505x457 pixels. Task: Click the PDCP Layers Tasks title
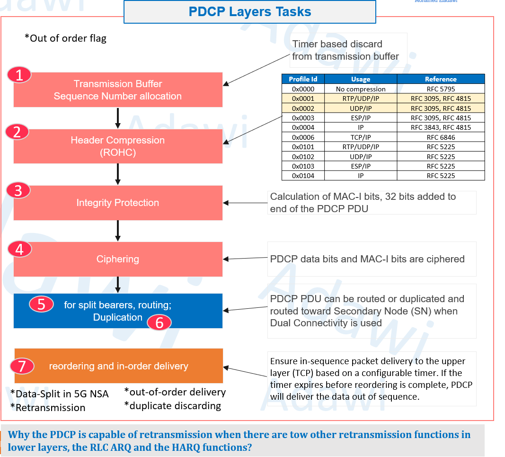(x=249, y=12)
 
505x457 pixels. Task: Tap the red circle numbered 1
(x=19, y=75)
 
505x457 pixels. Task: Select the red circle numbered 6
(x=159, y=323)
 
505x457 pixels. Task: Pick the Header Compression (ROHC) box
(x=118, y=146)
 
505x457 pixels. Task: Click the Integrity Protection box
(x=118, y=203)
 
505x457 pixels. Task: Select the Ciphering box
(x=118, y=259)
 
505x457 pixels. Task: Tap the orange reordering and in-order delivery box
(x=118, y=366)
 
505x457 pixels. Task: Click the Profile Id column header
(x=303, y=79)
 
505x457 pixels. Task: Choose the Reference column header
(x=441, y=79)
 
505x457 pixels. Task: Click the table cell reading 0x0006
(x=303, y=137)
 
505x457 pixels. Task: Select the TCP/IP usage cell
(x=361, y=137)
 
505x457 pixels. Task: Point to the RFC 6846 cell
(x=441, y=137)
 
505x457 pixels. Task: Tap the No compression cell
(x=361, y=89)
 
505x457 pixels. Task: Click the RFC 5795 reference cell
(x=441, y=89)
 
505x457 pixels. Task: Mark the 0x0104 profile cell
(x=303, y=176)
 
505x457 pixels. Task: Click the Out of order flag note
(x=65, y=38)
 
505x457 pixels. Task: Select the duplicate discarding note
(x=173, y=406)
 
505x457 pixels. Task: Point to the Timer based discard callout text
(x=345, y=50)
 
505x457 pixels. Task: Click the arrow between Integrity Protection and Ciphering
(x=118, y=231)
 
